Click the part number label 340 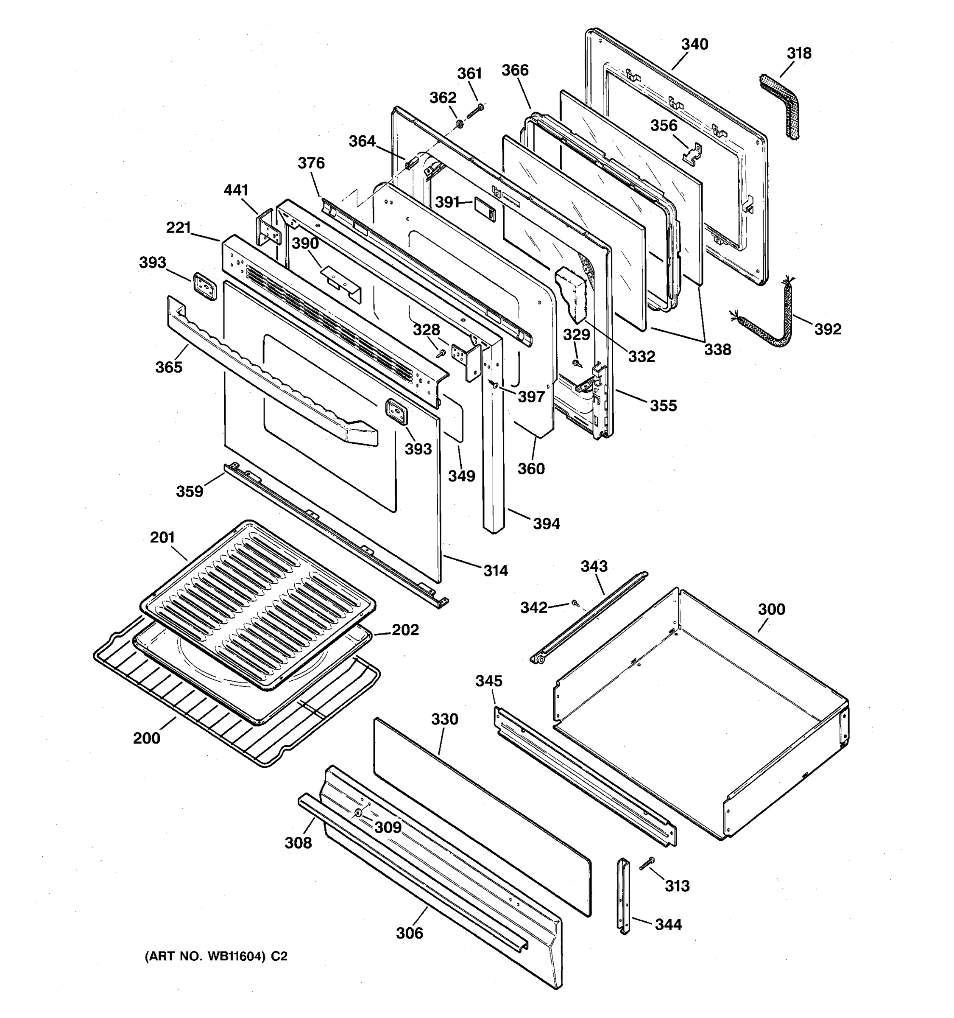694,45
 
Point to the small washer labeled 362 460,123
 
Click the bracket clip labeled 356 693,154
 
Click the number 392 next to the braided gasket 828,329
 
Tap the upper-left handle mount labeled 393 205,286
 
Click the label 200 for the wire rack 146,738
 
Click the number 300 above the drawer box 771,610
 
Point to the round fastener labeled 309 358,813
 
